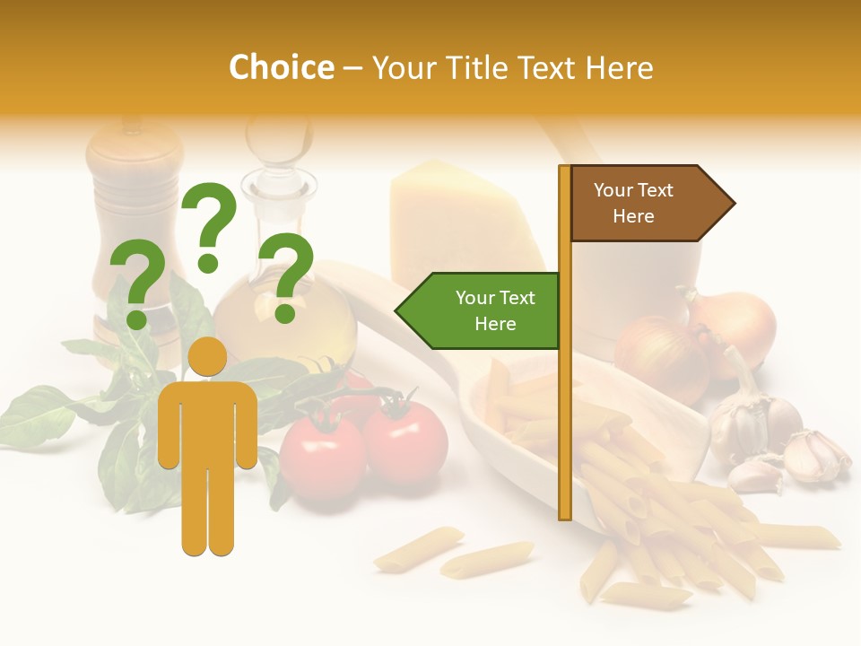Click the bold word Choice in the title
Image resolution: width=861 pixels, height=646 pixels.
click(x=281, y=68)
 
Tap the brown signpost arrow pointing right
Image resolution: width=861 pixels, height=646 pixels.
click(x=651, y=204)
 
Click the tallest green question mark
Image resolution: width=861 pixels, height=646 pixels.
click(x=209, y=224)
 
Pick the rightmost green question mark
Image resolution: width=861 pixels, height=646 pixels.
click(x=287, y=275)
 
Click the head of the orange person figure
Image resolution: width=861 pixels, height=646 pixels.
click(x=208, y=357)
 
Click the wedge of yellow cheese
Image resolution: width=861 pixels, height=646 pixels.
click(x=462, y=220)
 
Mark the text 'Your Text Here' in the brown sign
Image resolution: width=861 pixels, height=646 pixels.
click(x=633, y=204)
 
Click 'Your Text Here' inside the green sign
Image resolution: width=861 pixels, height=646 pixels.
click(x=495, y=310)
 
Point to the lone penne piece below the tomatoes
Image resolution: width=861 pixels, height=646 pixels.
click(x=418, y=549)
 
